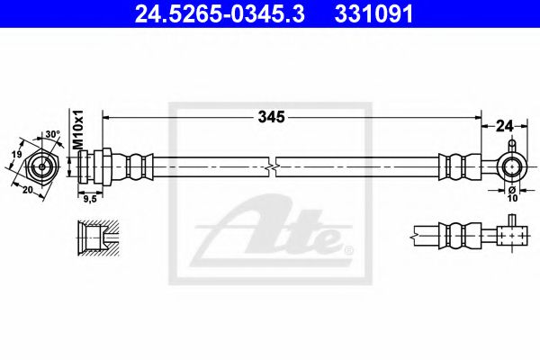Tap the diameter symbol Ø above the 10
coord(510,190)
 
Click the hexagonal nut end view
coord(40,166)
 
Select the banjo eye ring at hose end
coord(511,166)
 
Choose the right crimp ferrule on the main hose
coord(453,166)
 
